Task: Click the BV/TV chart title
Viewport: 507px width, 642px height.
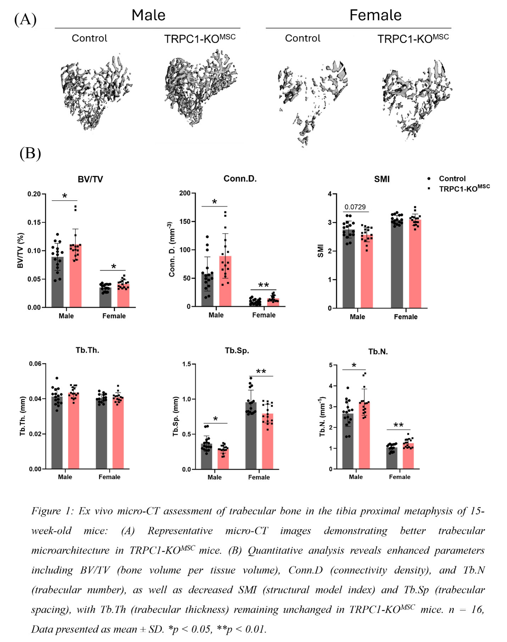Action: point(90,179)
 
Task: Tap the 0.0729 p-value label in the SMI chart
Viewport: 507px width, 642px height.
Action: point(355,207)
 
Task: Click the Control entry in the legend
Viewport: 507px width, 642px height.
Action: point(452,179)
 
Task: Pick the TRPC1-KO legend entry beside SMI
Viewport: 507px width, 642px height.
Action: point(464,189)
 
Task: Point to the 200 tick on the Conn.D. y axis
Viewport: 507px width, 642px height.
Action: point(185,193)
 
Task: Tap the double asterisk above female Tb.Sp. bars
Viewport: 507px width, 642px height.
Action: point(261,372)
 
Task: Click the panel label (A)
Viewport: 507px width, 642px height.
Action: point(25,19)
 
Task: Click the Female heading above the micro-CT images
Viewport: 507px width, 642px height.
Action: point(375,15)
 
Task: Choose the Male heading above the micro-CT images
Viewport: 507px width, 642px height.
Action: point(148,15)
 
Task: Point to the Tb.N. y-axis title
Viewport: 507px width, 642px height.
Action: point(322,417)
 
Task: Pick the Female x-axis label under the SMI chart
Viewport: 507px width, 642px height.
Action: point(406,317)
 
